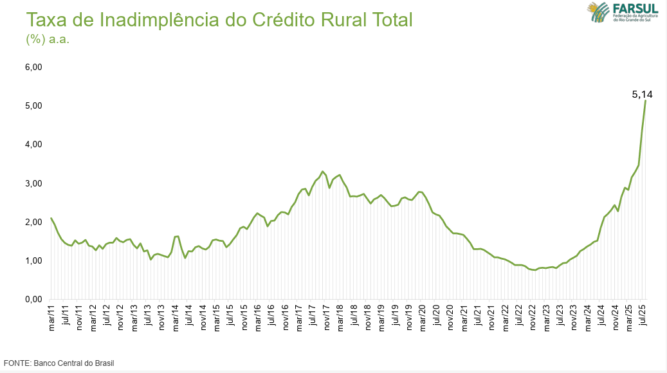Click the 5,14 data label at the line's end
[642, 95]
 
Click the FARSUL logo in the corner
[622, 12]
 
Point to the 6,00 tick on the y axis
[33, 67]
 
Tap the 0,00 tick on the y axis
[33, 299]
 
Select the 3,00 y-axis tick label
[33, 183]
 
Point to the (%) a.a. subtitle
[47, 39]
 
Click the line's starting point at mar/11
[51, 218]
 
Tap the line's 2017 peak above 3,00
[322, 172]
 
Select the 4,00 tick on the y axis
[33, 144]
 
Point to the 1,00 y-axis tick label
[33, 260]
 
